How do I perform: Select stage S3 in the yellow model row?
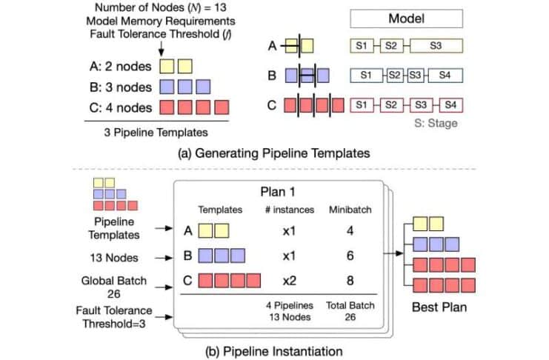[436, 47]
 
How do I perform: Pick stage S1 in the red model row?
[361, 104]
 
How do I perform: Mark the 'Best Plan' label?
[437, 305]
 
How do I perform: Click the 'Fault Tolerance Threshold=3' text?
[119, 316]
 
